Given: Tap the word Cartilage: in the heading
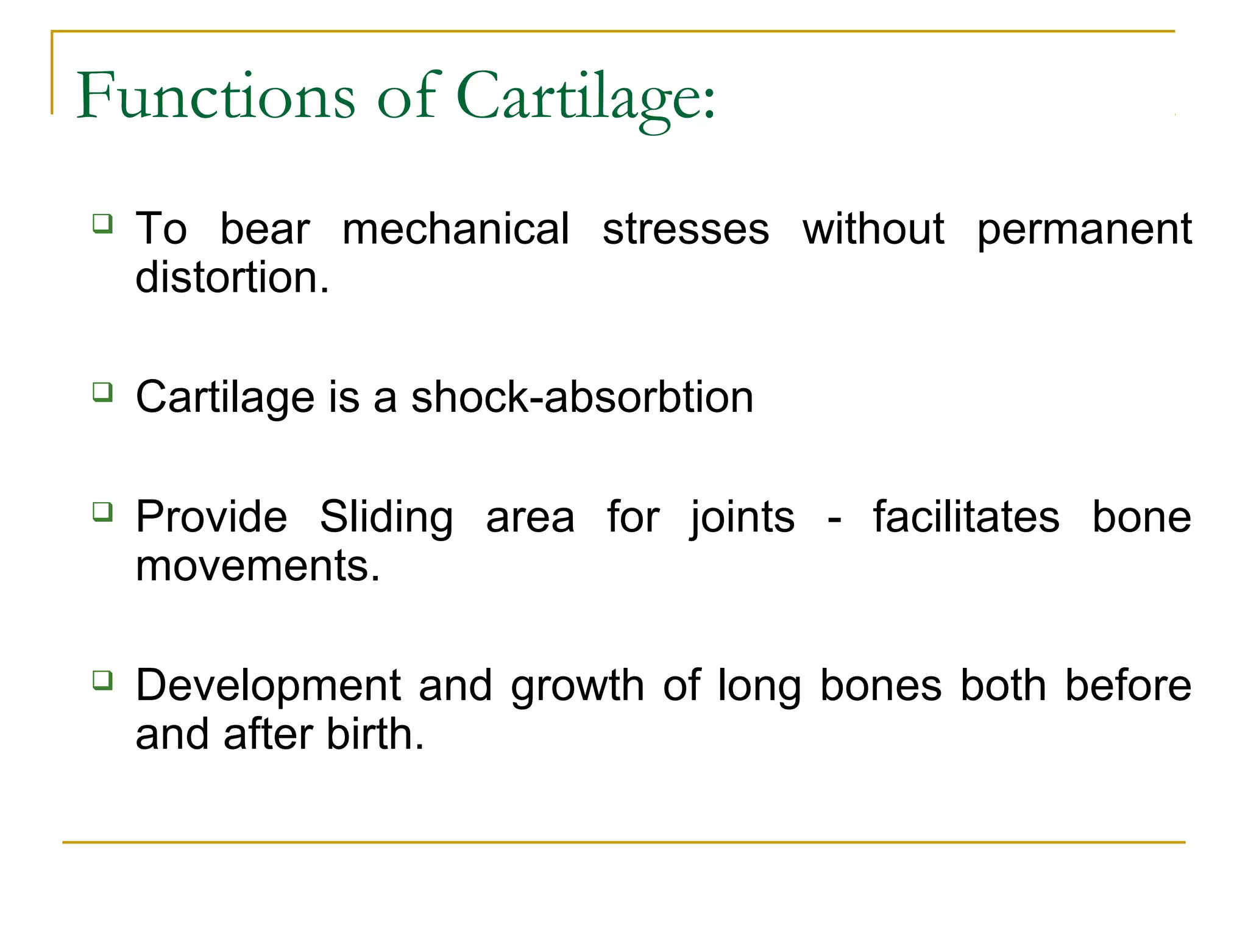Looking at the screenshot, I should [586, 97].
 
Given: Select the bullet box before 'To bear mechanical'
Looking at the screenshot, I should [102, 223].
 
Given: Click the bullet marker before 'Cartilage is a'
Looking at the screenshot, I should [102, 391].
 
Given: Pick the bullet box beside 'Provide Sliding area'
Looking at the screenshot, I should [102, 511].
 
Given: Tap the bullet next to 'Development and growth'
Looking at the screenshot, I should [102, 679].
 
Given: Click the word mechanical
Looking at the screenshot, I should [456, 229].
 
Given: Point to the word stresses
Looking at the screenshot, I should [686, 229].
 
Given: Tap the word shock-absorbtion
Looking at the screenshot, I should [582, 397].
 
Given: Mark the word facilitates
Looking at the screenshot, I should [966, 517].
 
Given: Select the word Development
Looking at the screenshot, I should [268, 686].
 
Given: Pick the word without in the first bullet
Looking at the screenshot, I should [873, 229].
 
